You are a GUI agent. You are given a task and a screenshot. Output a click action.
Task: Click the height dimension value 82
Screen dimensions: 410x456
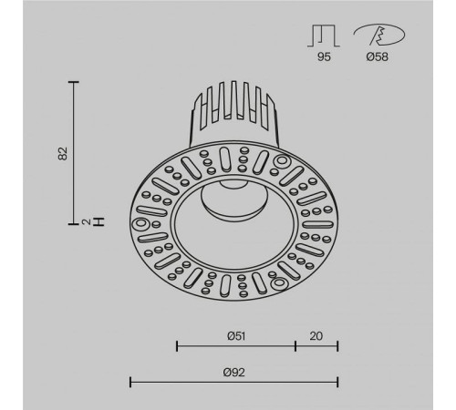click(63, 151)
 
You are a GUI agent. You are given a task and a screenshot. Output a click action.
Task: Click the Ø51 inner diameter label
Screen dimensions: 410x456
click(236, 335)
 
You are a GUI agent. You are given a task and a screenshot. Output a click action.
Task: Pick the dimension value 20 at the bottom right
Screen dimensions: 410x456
click(316, 335)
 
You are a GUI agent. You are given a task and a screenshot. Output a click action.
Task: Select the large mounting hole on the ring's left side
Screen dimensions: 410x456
click(142, 224)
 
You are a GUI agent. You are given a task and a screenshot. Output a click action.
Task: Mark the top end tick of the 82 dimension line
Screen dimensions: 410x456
click(74, 82)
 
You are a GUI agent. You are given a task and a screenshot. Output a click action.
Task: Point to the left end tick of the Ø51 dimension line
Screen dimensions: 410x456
click(176, 346)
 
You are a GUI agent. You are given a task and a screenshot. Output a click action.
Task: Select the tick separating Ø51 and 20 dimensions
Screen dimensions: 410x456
click(295, 346)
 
